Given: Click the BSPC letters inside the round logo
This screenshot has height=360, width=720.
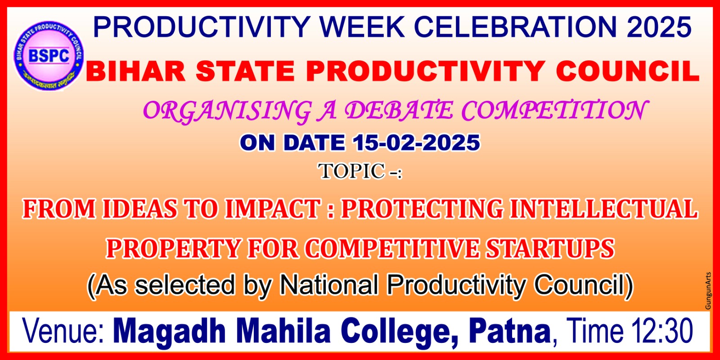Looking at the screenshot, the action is (x=49, y=56).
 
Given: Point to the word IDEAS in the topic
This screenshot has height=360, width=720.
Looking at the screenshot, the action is (x=139, y=209).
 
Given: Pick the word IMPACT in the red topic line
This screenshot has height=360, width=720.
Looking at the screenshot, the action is (x=273, y=209).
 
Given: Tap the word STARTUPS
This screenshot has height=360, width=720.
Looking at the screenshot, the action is (x=550, y=248).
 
